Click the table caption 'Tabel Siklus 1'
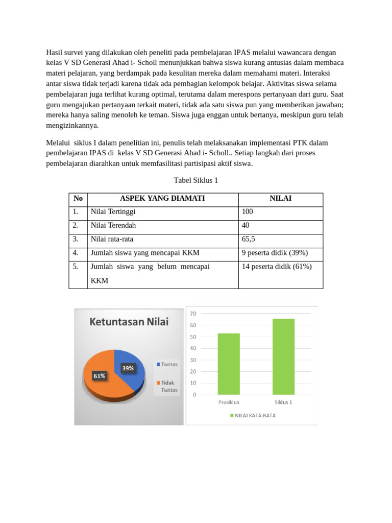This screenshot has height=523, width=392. point(196,180)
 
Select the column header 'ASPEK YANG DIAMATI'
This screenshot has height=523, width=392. point(162,199)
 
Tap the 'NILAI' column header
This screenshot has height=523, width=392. point(280,199)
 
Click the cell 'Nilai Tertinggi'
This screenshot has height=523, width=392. point(113,211)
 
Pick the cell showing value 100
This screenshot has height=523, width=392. point(248,211)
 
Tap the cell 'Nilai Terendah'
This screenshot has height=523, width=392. point(113,225)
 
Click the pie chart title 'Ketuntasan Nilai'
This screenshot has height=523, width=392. point(129,322)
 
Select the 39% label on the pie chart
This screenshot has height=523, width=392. point(128,368)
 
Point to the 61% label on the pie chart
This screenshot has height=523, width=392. point(99,376)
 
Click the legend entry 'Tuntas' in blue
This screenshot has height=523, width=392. point(167,364)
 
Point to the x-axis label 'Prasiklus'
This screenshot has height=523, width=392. point(229,402)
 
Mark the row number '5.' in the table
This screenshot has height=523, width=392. point(76,267)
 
